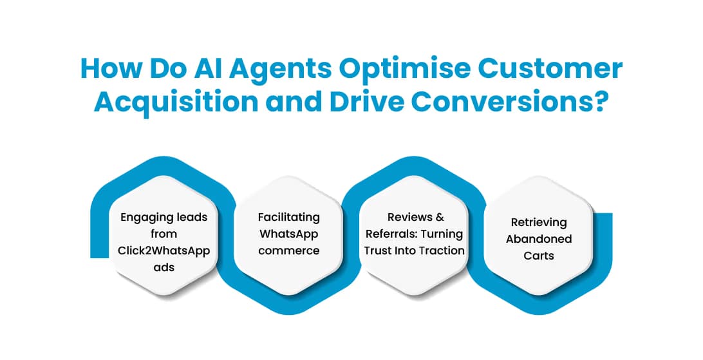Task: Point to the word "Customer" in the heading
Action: pos(558,70)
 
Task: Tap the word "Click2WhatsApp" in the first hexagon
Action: pos(164,251)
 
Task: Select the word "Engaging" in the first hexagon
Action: pos(143,217)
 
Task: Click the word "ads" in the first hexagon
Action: pos(164,267)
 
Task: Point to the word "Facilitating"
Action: pos(289,217)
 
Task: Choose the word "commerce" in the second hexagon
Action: pos(289,251)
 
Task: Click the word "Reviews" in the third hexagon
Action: pos(408,217)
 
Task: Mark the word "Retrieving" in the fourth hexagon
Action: pos(539,222)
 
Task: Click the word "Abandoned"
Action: pos(539,239)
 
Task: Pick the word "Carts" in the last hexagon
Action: pos(539,256)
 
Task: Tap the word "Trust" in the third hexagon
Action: pos(378,251)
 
